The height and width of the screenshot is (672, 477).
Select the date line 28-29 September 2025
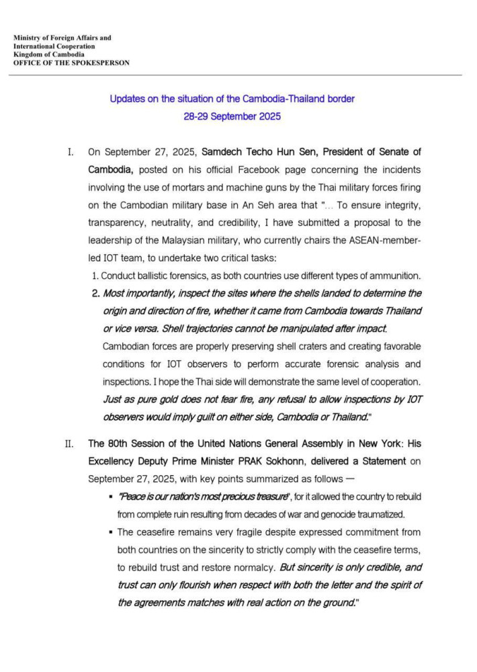point(232,116)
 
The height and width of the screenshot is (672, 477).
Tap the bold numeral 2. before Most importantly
point(95,294)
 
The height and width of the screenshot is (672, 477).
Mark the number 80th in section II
point(118,444)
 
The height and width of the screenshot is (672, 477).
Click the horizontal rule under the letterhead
point(238,75)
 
